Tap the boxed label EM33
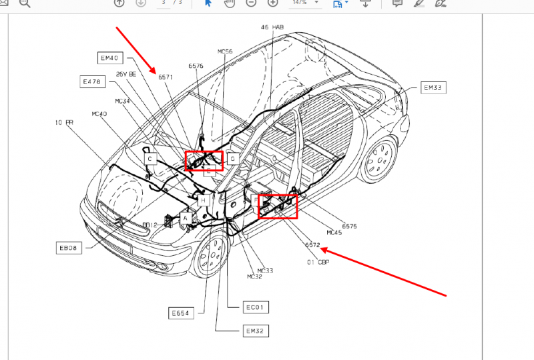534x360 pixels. click(433, 87)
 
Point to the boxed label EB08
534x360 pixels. click(68, 248)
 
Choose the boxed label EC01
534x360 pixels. click(256, 308)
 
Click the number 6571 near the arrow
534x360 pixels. click(166, 77)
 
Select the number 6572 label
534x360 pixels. click(312, 245)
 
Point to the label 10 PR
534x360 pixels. click(64, 123)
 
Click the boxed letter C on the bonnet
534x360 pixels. click(151, 159)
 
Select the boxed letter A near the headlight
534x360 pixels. click(186, 216)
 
